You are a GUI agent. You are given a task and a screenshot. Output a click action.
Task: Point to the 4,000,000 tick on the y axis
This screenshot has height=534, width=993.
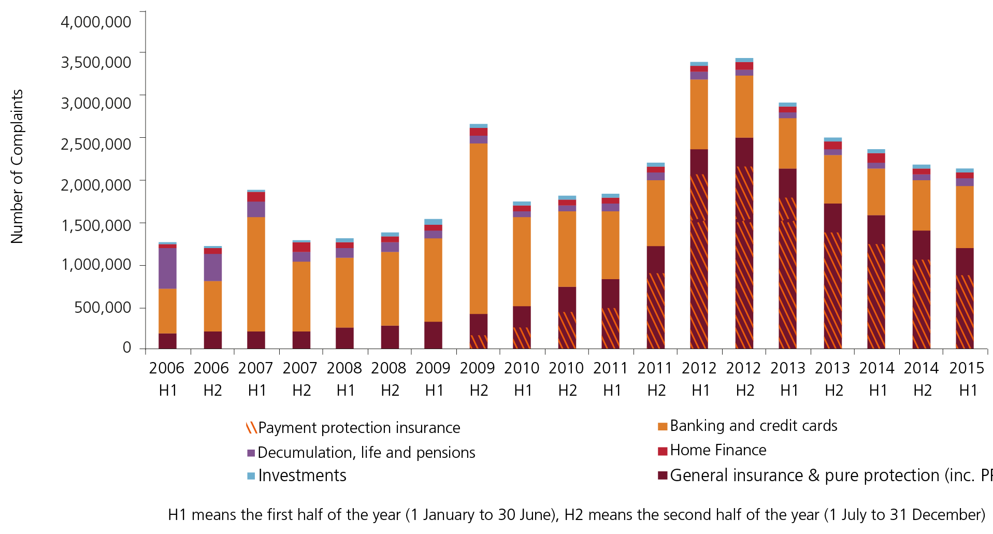[96, 22]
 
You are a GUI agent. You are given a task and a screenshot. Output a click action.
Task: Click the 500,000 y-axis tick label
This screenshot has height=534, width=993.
[103, 307]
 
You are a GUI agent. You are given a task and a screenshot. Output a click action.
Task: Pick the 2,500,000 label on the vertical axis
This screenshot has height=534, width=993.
[96, 144]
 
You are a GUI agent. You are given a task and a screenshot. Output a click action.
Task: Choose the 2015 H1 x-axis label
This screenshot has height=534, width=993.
[967, 379]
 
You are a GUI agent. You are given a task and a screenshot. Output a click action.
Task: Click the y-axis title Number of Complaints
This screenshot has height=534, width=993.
[17, 166]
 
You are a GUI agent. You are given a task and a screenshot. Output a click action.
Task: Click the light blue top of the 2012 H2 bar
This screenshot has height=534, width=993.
[744, 60]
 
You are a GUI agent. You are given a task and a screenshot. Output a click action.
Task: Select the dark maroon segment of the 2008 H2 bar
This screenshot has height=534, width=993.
[390, 337]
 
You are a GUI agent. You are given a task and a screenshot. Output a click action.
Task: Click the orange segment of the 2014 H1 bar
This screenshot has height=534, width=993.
[876, 192]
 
